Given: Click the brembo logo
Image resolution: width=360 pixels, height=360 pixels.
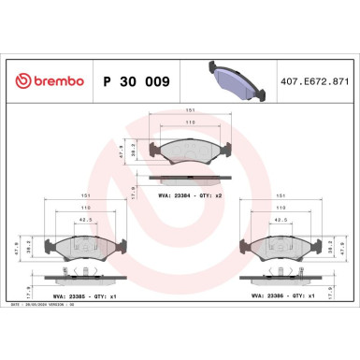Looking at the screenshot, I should point(46,81).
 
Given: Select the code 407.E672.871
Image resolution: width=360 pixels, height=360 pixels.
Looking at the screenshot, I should point(314,81).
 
